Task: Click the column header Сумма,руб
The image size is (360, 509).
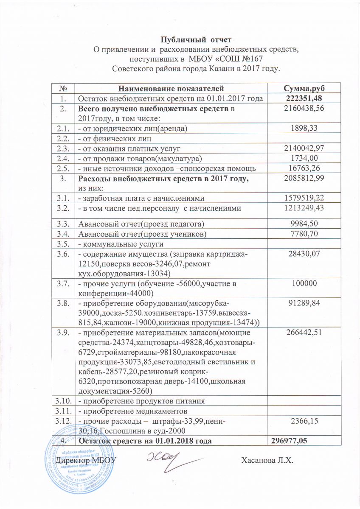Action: (304, 89)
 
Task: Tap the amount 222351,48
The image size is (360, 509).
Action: (304, 98)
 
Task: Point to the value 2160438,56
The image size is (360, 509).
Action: (304, 109)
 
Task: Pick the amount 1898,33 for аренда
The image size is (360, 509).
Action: (304, 128)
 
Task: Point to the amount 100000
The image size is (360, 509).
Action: (304, 283)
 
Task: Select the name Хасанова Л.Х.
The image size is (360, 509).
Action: (267, 460)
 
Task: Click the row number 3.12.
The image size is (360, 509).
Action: (63, 421)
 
